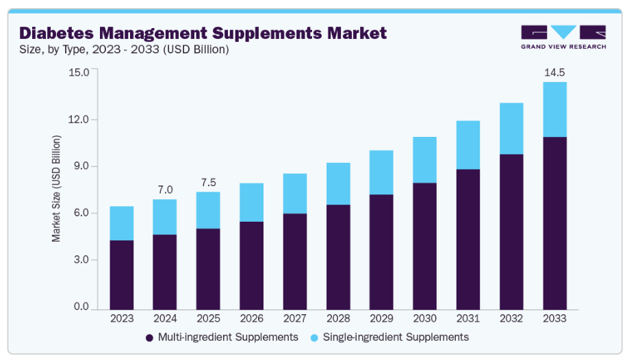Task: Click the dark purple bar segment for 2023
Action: [121, 274]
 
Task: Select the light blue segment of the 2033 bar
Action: [554, 110]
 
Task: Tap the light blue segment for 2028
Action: [337, 183]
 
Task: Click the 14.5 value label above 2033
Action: [554, 73]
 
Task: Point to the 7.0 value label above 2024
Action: [165, 190]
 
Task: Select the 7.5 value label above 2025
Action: [208, 183]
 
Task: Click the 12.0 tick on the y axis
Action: [80, 120]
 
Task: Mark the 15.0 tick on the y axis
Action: [80, 73]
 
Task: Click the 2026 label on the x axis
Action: [251, 318]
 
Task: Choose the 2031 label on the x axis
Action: [467, 318]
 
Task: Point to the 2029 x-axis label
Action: [381, 318]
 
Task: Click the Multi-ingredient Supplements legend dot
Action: [149, 337]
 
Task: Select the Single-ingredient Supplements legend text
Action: [396, 337]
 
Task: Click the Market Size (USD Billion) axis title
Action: [57, 188]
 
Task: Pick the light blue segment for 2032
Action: [511, 129]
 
